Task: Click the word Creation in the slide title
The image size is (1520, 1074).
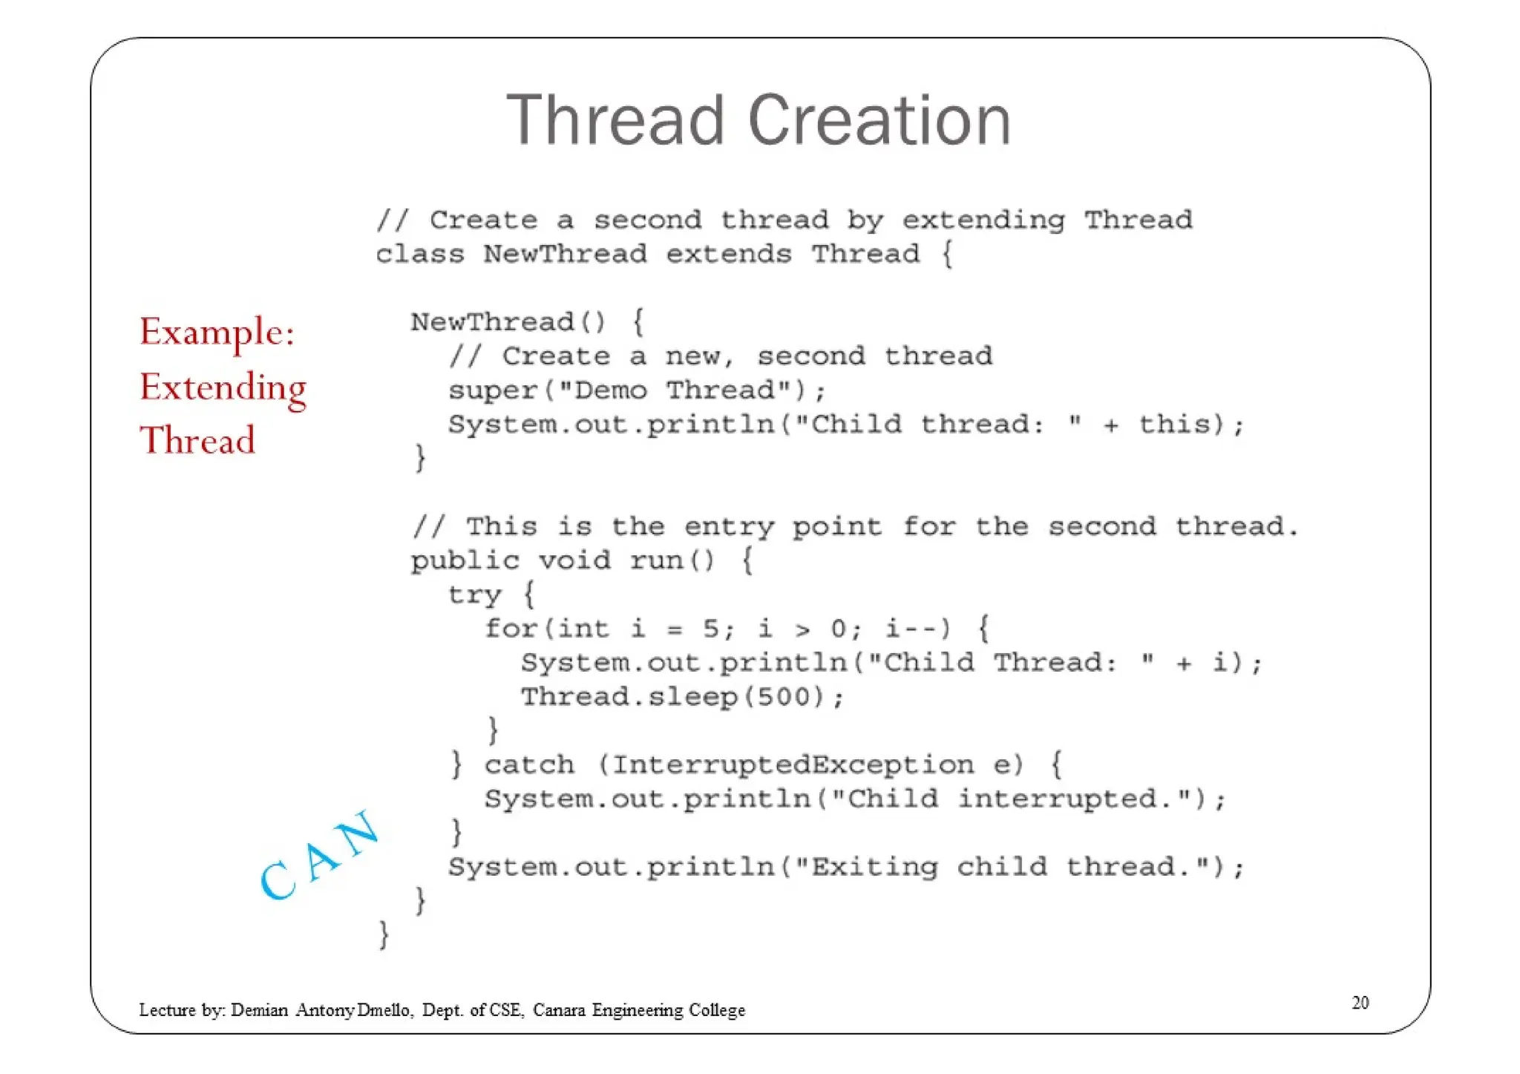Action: [879, 120]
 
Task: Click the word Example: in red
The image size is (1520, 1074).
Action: [217, 332]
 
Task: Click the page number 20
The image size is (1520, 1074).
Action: [1360, 1003]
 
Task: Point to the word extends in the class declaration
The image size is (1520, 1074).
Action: [728, 254]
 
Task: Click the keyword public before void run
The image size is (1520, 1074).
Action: [465, 560]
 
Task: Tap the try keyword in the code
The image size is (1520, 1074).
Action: [474, 595]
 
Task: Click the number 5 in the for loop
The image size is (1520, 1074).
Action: [711, 629]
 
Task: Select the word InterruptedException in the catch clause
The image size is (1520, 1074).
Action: [793, 764]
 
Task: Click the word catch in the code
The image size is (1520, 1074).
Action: [529, 764]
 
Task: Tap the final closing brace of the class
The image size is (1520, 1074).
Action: [384, 934]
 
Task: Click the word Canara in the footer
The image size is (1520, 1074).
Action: [559, 1010]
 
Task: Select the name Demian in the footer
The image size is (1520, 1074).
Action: [259, 1010]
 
